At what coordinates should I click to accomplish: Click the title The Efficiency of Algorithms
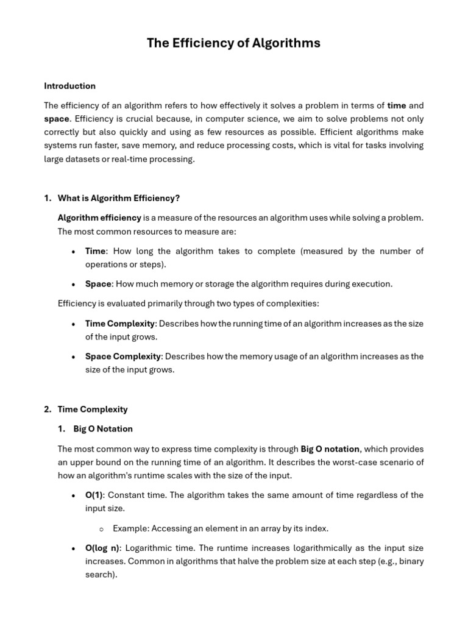click(233, 43)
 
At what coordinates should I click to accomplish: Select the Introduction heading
click(69, 86)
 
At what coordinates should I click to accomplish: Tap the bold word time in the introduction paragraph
click(396, 105)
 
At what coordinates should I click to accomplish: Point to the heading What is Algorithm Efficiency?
click(119, 198)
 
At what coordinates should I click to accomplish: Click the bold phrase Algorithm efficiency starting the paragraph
click(99, 218)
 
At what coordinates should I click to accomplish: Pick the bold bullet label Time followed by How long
click(95, 251)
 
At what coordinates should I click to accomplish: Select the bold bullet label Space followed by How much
click(98, 283)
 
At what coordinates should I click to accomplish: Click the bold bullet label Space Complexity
click(123, 356)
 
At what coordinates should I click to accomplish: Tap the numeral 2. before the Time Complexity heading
click(48, 409)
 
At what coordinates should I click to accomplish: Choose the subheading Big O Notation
click(103, 429)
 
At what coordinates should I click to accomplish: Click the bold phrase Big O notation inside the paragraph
click(330, 449)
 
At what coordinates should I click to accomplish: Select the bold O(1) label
click(94, 495)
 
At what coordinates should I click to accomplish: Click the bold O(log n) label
click(102, 548)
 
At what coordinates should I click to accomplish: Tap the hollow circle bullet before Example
click(101, 529)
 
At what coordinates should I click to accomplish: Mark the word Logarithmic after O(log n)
click(148, 548)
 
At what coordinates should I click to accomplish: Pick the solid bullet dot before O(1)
click(74, 495)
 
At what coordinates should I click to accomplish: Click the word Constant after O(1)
click(126, 495)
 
